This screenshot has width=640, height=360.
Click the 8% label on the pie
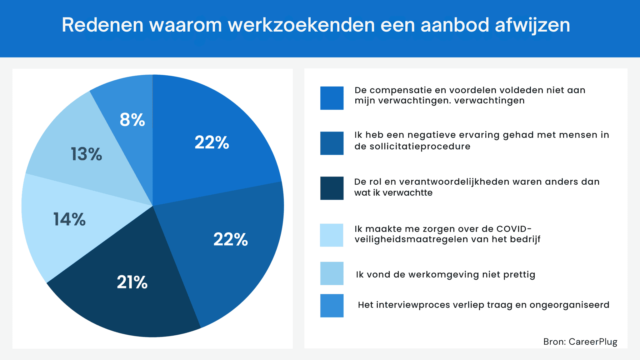point(132,120)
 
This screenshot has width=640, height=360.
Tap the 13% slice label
point(87,154)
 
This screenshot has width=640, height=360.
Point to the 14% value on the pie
point(69,219)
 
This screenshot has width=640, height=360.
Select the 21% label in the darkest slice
point(132,282)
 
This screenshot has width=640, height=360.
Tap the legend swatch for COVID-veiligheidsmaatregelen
point(332,235)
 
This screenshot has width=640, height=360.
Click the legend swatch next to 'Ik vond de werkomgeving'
point(332,273)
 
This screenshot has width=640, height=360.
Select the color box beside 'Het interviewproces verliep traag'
point(332,306)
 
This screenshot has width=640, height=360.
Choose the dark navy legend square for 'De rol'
point(332,188)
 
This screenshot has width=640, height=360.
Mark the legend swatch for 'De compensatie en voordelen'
point(332,98)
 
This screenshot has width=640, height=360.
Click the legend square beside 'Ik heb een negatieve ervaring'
point(332,143)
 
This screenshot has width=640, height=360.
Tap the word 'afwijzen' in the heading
point(532,25)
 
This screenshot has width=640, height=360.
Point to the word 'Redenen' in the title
point(102,25)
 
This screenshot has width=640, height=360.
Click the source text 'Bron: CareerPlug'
point(580,342)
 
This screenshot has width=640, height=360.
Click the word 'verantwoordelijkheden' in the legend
point(454,182)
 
